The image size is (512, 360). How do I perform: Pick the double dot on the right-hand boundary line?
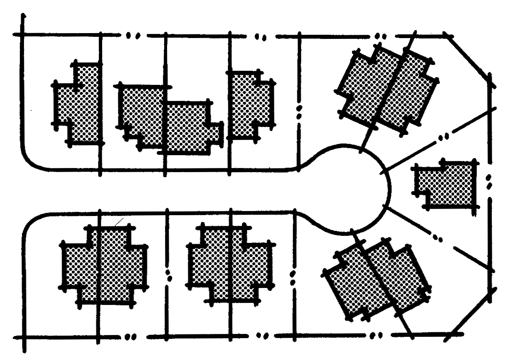coord(489,182)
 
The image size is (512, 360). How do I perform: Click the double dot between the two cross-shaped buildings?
coord(168,275)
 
